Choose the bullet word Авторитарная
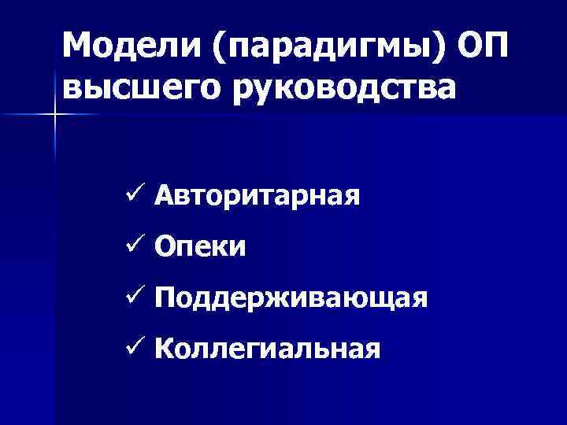tap(258, 195)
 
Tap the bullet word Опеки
tap(200, 247)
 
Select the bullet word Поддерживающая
tap(291, 298)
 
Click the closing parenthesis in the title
tap(438, 49)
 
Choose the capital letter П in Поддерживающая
tap(165, 297)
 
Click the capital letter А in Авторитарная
tap(165, 194)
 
